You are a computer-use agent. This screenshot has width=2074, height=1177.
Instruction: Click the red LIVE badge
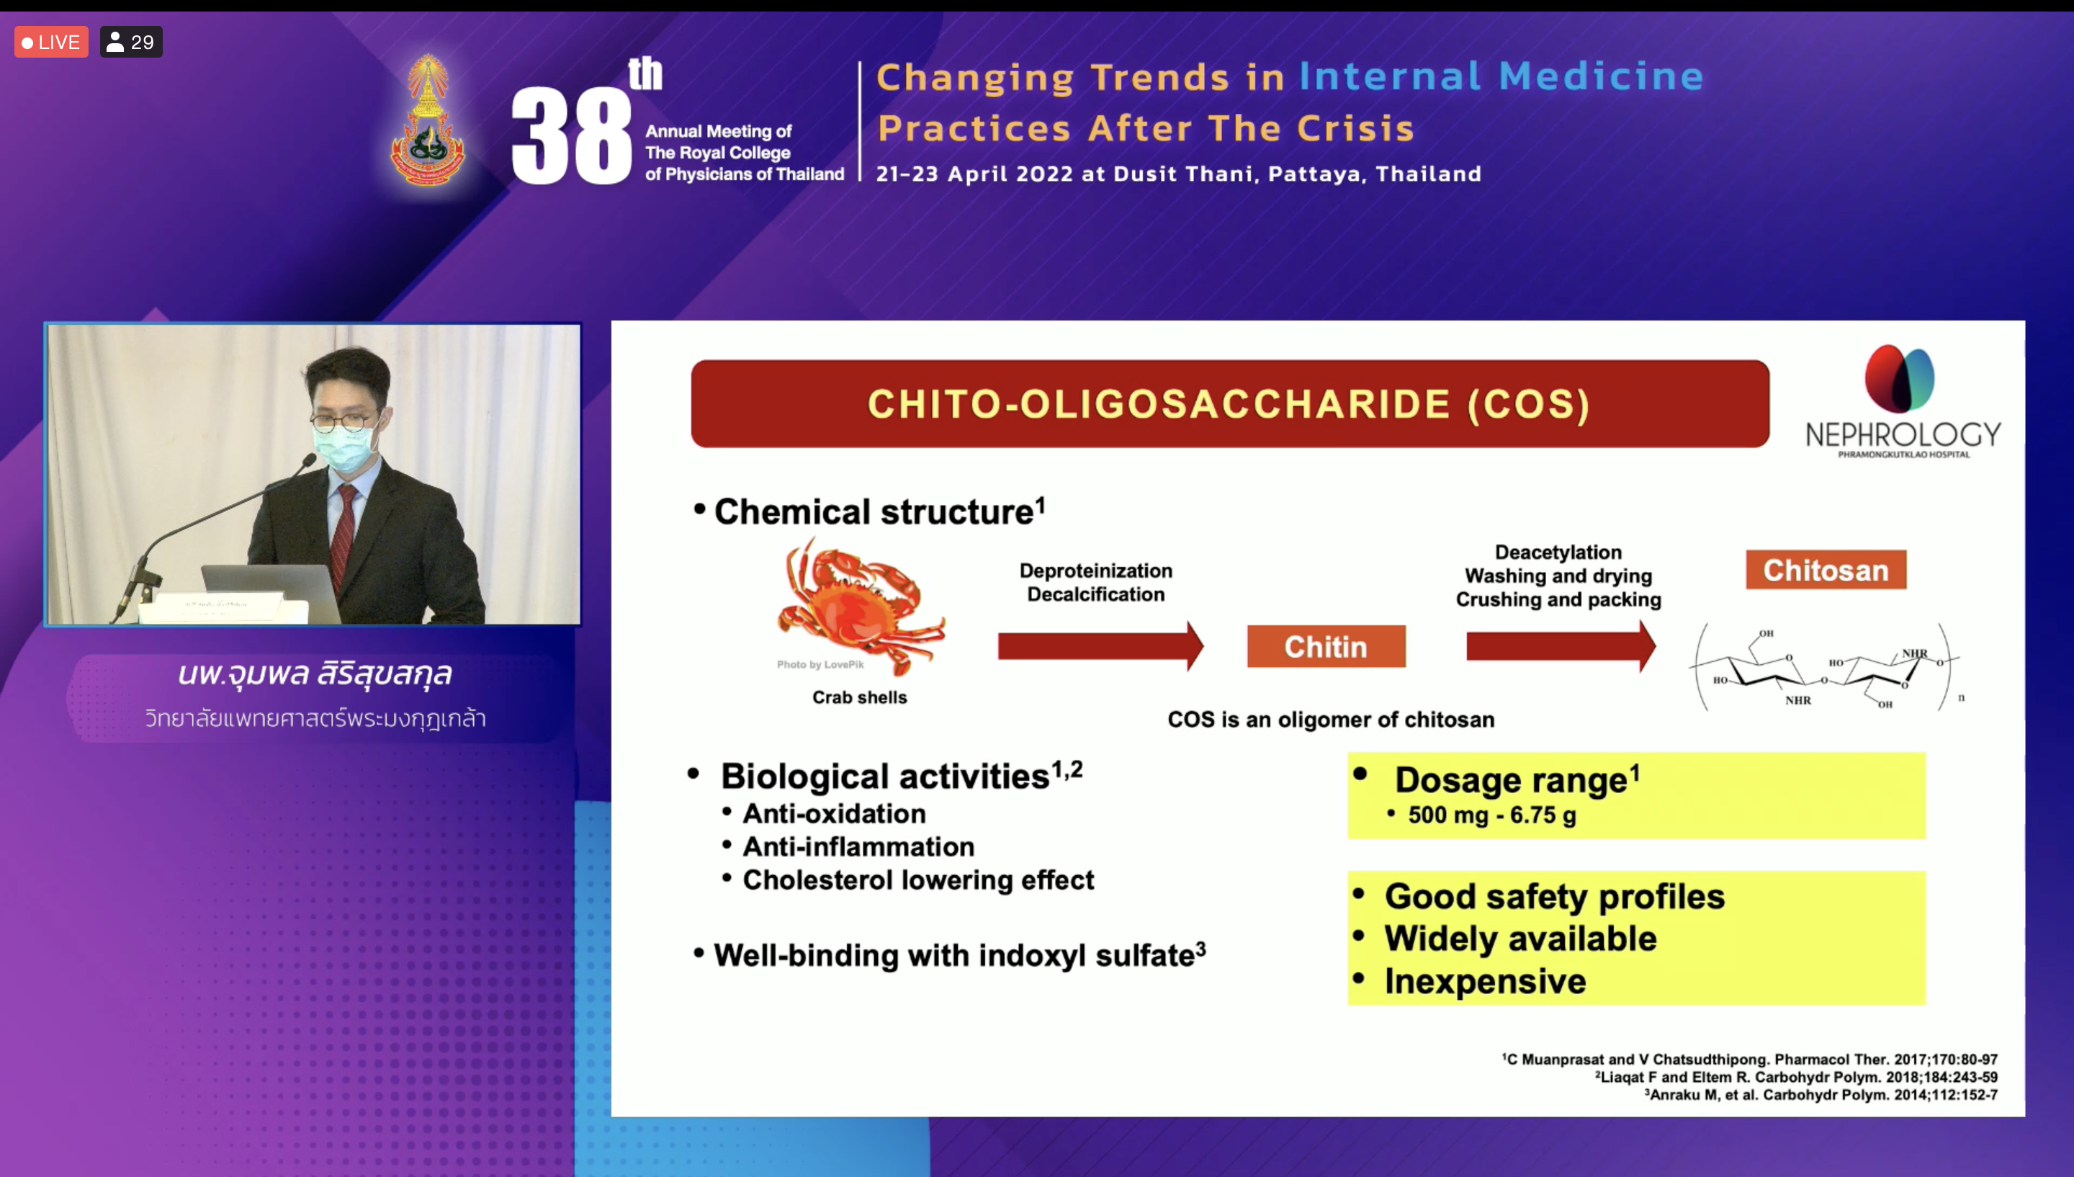click(51, 42)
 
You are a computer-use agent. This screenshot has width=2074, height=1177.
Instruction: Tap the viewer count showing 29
click(131, 42)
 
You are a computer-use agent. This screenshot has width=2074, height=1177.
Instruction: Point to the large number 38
click(571, 135)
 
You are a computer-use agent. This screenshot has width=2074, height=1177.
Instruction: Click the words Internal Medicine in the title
click(1501, 76)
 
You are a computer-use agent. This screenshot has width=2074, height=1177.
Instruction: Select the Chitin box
click(1326, 646)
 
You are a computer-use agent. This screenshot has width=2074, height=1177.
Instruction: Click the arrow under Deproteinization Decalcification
click(1100, 646)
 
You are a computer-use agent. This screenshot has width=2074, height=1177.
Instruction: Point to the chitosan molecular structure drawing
click(1827, 668)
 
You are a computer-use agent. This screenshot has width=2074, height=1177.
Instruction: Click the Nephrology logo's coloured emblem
click(1900, 378)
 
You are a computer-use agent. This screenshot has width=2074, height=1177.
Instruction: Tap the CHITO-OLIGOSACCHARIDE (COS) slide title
click(1229, 404)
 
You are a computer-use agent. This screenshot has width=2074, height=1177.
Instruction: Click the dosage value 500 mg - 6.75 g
click(1491, 815)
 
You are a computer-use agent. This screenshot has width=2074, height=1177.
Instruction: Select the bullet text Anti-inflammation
click(858, 846)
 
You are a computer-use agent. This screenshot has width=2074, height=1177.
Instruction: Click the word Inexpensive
click(1485, 981)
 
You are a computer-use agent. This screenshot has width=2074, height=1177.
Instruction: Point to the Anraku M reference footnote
click(1822, 1095)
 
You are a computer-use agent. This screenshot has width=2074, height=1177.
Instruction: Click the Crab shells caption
click(860, 697)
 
